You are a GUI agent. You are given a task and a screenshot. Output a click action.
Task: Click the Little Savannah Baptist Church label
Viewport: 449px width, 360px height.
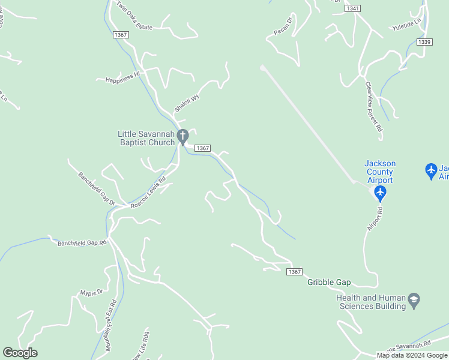pos(146,138)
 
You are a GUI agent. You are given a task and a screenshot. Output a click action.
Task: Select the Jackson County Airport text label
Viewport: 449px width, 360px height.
pos(380,172)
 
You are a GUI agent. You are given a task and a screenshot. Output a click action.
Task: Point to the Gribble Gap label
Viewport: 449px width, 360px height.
pos(329,282)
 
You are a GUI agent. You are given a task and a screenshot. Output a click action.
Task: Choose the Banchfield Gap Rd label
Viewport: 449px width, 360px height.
pos(82,243)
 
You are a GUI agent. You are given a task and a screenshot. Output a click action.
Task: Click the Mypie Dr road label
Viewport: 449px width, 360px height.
pos(92,292)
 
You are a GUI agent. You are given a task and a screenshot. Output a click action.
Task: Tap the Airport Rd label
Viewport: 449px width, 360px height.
pos(375,219)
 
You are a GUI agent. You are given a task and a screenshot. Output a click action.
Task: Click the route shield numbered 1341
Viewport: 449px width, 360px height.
pos(354,8)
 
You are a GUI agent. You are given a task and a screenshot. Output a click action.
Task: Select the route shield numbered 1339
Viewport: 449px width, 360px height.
pos(424,41)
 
